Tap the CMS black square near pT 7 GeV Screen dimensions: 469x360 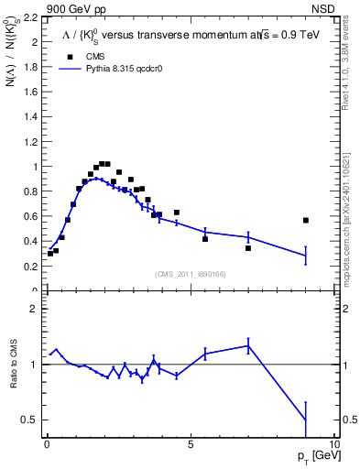click(x=248, y=248)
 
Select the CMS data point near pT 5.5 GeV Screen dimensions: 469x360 click(x=205, y=239)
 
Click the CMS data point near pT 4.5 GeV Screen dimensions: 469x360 click(x=177, y=213)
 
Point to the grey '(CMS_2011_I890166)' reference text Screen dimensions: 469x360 click(x=191, y=275)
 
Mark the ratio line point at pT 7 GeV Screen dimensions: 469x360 click(x=248, y=345)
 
